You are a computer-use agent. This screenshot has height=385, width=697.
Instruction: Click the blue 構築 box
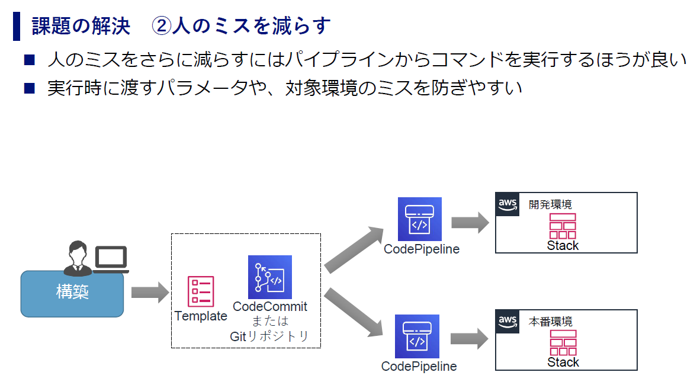tap(72, 293)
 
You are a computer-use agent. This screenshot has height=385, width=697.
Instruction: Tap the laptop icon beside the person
tap(111, 259)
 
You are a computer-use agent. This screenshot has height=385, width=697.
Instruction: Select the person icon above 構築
tap(78, 258)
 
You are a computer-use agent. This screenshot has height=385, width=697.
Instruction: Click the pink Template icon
tap(201, 291)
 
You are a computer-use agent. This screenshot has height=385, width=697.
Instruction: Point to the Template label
tap(201, 316)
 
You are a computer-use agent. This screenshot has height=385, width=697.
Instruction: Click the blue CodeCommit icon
tap(270, 277)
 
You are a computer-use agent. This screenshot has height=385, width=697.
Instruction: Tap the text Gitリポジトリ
tap(269, 336)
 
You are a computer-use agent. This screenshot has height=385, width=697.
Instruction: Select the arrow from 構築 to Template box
tap(150, 292)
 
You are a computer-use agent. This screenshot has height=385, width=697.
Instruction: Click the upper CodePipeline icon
tap(420, 219)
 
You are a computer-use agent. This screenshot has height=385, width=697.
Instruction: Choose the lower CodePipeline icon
tap(417, 336)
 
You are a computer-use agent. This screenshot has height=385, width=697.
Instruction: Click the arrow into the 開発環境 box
tap(470, 222)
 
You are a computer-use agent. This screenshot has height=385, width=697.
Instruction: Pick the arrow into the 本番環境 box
tap(470, 339)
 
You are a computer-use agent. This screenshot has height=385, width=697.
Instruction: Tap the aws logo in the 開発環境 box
tap(508, 204)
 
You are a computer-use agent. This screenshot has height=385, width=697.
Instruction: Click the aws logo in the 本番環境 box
tap(508, 322)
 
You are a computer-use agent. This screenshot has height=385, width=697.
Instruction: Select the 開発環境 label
tap(550, 204)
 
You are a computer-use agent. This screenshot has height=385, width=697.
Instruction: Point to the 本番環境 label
tap(550, 322)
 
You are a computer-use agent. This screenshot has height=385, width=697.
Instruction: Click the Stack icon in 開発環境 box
tap(563, 226)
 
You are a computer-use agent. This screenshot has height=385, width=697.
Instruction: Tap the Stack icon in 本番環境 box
tap(563, 343)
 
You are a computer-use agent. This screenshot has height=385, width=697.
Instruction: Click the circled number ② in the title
tap(161, 26)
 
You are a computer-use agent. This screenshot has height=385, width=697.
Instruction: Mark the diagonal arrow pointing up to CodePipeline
tap(354, 249)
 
